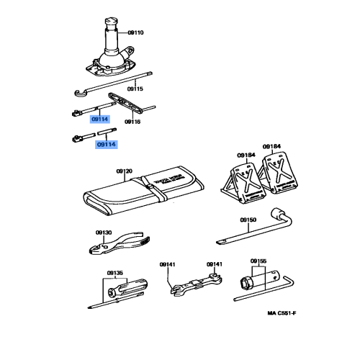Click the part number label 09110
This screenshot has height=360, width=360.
135,32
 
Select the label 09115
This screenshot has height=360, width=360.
135,89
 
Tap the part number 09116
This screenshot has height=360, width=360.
132,122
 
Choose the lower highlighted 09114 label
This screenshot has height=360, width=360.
106,144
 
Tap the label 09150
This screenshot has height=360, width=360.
248,219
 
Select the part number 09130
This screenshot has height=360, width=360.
103,232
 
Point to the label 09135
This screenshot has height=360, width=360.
115,273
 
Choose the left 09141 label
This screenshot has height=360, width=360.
168,264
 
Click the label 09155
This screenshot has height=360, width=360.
258,261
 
